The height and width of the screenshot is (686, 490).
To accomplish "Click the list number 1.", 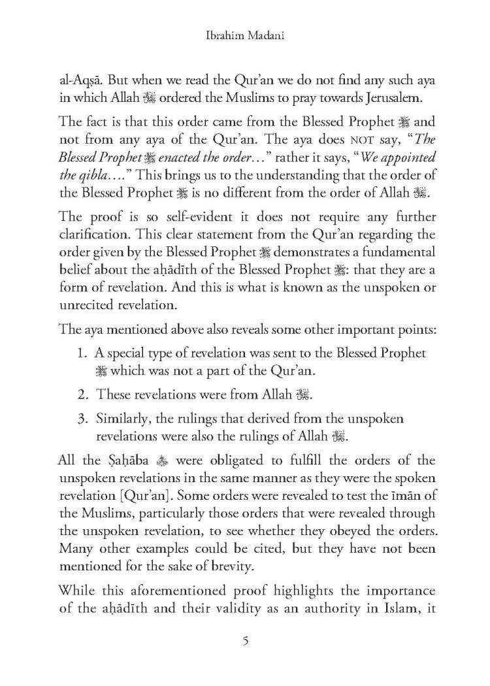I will [83, 353].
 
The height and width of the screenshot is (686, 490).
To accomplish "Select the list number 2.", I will [83, 395].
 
